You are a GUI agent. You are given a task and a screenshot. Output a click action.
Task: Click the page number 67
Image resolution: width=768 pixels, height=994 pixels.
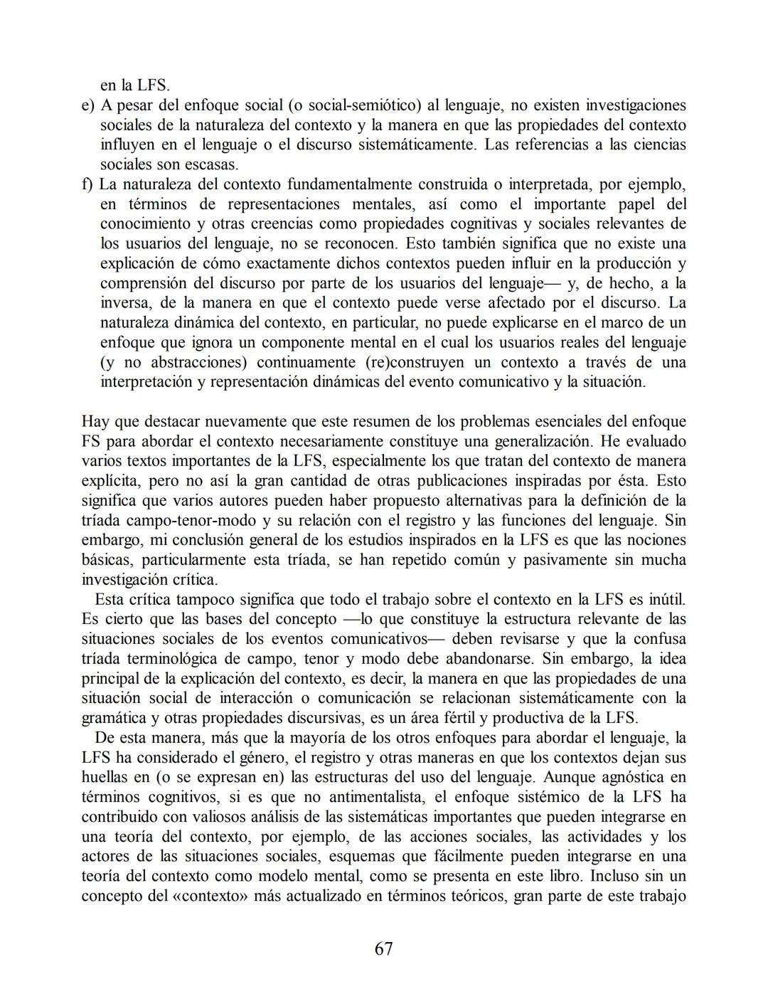(x=383, y=948)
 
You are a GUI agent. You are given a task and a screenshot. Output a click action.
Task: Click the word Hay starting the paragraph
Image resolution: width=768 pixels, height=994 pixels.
(x=95, y=421)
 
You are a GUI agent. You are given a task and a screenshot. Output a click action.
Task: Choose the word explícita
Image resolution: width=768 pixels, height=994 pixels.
(x=108, y=480)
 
